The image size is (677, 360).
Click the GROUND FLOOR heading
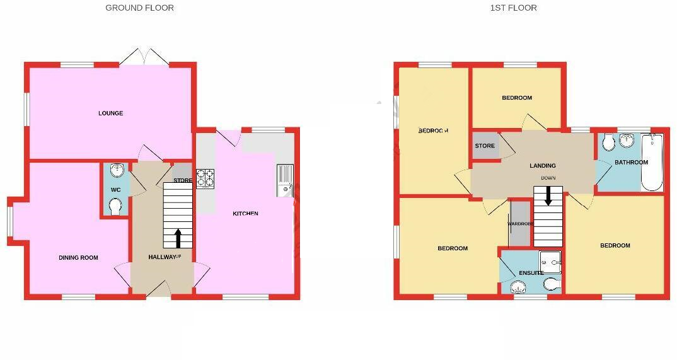[139, 8]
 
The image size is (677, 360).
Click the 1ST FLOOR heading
[513, 8]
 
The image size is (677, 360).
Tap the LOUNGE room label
[110, 113]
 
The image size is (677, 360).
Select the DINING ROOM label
[79, 257]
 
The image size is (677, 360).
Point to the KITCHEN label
[245, 214]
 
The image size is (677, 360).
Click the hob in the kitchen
[205, 178]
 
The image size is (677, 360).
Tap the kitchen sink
[284, 178]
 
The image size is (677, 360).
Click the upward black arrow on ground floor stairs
[178, 238]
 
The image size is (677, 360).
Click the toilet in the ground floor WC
[115, 207]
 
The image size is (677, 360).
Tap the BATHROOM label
[631, 162]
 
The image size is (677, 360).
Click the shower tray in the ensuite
[550, 260]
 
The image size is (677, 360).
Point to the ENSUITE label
[531, 273]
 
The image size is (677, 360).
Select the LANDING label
[542, 166]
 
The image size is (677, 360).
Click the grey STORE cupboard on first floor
[485, 146]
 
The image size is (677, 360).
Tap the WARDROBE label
[521, 224]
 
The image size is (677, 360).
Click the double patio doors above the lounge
[144, 57]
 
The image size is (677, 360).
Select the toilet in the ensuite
[551, 284]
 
